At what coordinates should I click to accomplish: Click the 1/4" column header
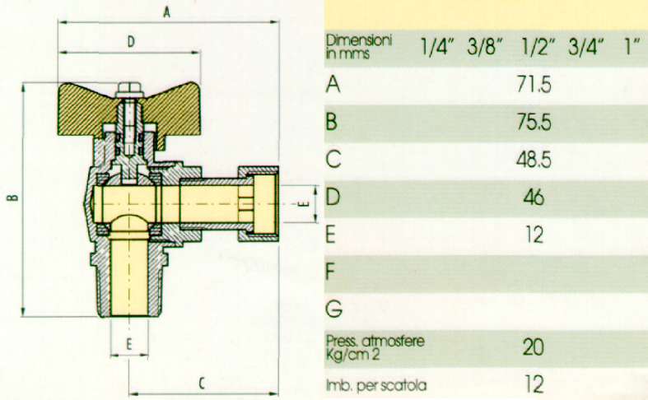click(438, 47)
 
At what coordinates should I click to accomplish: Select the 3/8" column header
click(485, 47)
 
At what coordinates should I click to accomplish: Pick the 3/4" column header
click(587, 47)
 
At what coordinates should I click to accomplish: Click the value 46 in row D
click(534, 197)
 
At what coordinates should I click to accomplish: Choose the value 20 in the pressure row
click(534, 347)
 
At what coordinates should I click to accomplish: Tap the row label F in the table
click(332, 272)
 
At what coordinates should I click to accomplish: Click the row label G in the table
click(333, 310)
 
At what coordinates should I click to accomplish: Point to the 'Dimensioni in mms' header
click(360, 47)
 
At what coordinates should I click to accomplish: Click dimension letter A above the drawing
click(167, 12)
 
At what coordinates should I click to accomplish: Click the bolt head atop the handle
click(128, 87)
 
